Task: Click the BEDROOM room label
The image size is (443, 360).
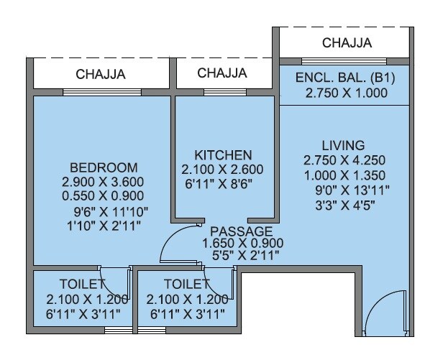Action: coord(101,168)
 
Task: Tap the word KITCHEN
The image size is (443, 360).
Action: coord(223,155)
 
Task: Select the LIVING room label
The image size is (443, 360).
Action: coord(344,146)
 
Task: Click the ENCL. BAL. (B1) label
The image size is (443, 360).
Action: coord(346,78)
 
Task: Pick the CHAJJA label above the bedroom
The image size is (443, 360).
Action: coord(101,73)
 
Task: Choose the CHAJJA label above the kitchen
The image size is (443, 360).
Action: coord(222,73)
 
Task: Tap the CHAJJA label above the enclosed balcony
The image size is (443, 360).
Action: coord(347,43)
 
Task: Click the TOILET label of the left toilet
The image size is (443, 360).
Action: coord(81,284)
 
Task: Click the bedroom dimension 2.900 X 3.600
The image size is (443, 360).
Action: coord(104,183)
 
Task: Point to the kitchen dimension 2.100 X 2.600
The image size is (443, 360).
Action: coord(223,170)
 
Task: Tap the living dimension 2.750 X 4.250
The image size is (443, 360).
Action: coord(344,161)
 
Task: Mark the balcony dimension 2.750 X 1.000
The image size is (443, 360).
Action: coord(346,93)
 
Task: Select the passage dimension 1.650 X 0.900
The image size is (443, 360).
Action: coord(239,243)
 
